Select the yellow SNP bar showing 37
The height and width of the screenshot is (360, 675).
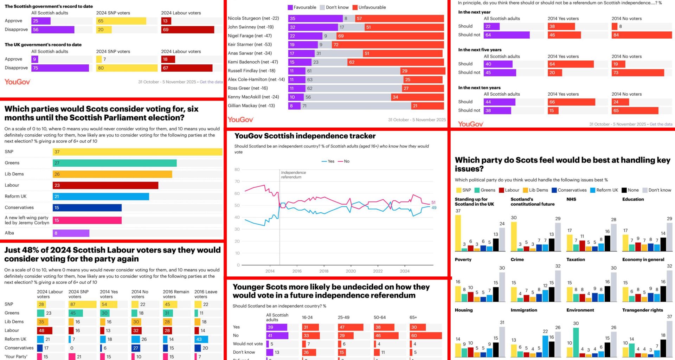[x=137, y=152]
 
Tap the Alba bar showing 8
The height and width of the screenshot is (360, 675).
[x=71, y=233]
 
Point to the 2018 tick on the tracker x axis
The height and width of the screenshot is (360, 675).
[x=324, y=271]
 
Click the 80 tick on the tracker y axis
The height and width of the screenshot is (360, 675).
[x=237, y=169]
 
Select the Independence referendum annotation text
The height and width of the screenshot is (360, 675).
[x=293, y=175]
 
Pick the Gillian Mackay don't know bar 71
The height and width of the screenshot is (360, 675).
[x=355, y=106]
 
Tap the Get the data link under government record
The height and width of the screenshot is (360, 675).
[x=211, y=82]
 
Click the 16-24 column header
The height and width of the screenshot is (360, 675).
[x=307, y=317]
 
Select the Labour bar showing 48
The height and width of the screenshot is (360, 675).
[x=45, y=330]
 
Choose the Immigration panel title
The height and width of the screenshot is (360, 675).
[x=524, y=310]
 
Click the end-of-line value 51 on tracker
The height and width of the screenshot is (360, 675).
[x=433, y=202]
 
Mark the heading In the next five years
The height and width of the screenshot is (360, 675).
[x=480, y=50]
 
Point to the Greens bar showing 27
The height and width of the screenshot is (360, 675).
[x=115, y=163]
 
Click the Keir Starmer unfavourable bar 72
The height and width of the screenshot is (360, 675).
[x=387, y=45]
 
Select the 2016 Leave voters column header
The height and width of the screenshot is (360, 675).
[x=206, y=294]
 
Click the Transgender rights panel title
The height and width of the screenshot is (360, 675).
[x=642, y=310]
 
